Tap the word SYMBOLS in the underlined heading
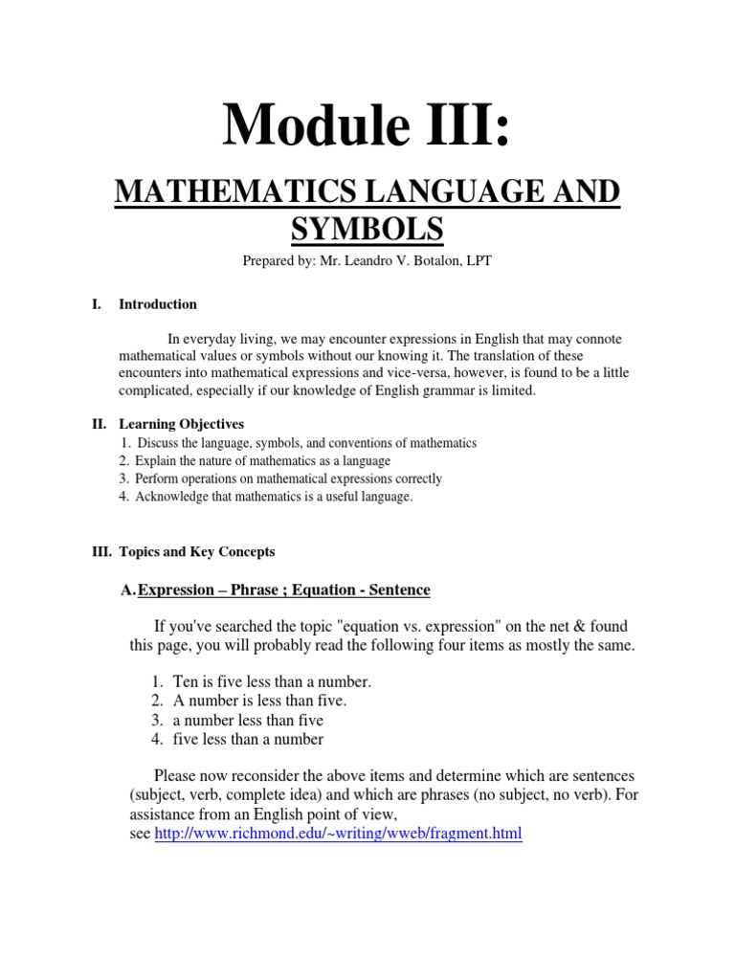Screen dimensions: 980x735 [367, 230]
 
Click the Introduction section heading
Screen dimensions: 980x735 [158, 304]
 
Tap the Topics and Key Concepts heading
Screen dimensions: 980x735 [196, 551]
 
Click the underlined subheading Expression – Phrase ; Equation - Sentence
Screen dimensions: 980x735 [284, 590]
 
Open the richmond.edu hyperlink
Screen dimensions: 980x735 [338, 834]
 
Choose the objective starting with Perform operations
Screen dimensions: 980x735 [288, 479]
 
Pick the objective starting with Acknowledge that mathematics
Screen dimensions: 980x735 [274, 497]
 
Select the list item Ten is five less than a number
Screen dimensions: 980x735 [272, 681]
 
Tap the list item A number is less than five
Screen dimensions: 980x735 [259, 701]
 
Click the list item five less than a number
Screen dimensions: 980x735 [248, 739]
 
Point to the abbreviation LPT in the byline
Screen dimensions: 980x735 [479, 261]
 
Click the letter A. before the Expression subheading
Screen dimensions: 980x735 [129, 590]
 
